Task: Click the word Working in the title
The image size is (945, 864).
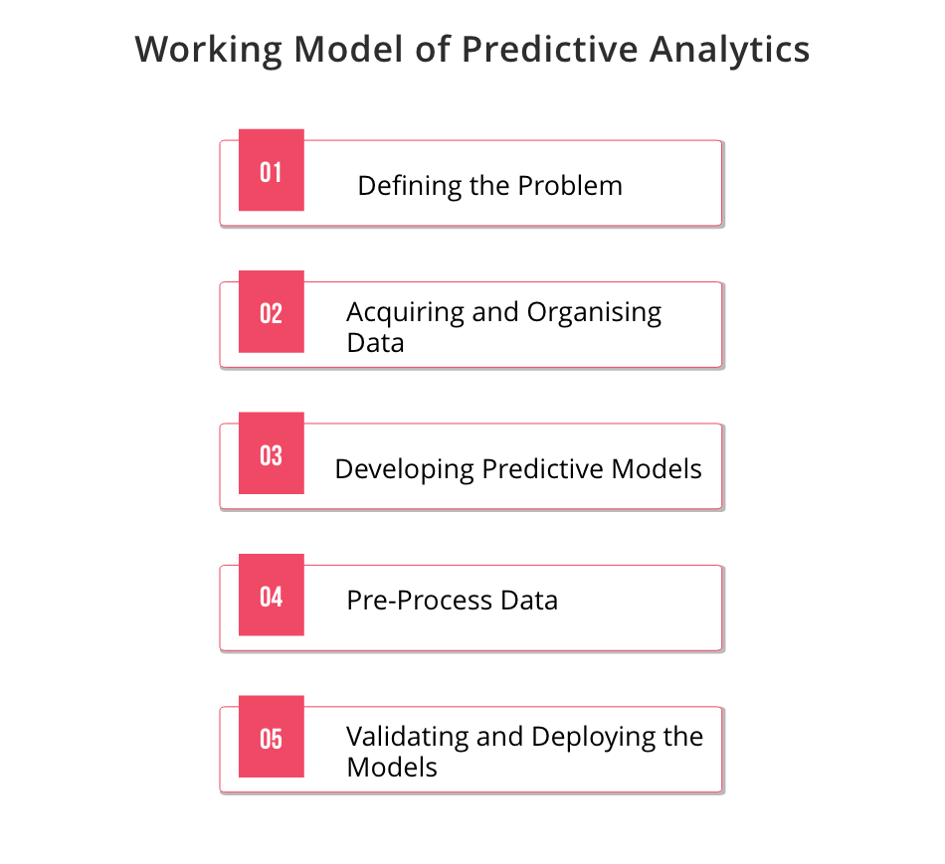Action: click(209, 50)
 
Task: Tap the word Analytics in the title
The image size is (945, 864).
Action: click(729, 50)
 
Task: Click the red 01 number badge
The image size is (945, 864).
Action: click(272, 170)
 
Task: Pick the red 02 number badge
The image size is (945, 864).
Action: click(272, 311)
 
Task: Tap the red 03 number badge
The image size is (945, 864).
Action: click(272, 453)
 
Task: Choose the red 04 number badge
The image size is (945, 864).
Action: click(272, 595)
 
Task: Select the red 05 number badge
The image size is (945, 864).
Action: click(272, 737)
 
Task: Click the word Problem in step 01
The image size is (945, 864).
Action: click(570, 186)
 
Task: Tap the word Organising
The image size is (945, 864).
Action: click(594, 313)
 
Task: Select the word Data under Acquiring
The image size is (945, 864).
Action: click(375, 343)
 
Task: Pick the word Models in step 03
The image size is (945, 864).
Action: click(657, 468)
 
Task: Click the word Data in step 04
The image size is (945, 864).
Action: click(529, 601)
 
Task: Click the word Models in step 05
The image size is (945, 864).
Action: click(392, 768)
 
